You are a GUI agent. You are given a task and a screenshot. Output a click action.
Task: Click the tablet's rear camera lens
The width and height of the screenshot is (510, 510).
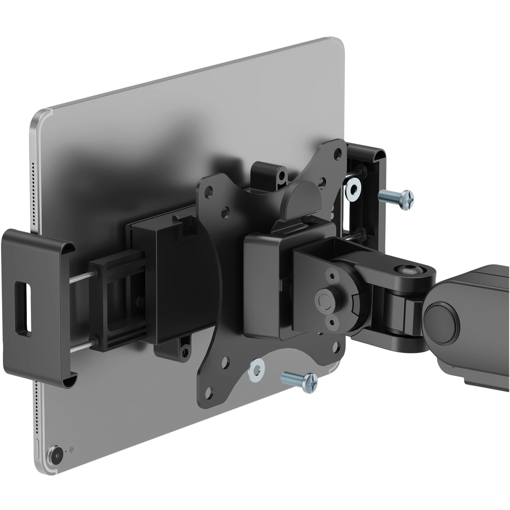pyautogui.click(x=56, y=454)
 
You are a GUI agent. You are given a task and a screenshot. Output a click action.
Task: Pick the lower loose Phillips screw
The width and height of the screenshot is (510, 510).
pyautogui.click(x=299, y=381)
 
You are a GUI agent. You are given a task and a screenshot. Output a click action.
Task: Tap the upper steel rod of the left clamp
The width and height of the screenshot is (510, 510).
pyautogui.click(x=81, y=278)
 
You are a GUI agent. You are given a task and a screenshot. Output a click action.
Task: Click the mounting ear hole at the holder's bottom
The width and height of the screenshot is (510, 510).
pyautogui.click(x=185, y=343)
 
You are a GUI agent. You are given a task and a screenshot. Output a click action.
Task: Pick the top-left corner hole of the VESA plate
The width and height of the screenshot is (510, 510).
pyautogui.click(x=209, y=190)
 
